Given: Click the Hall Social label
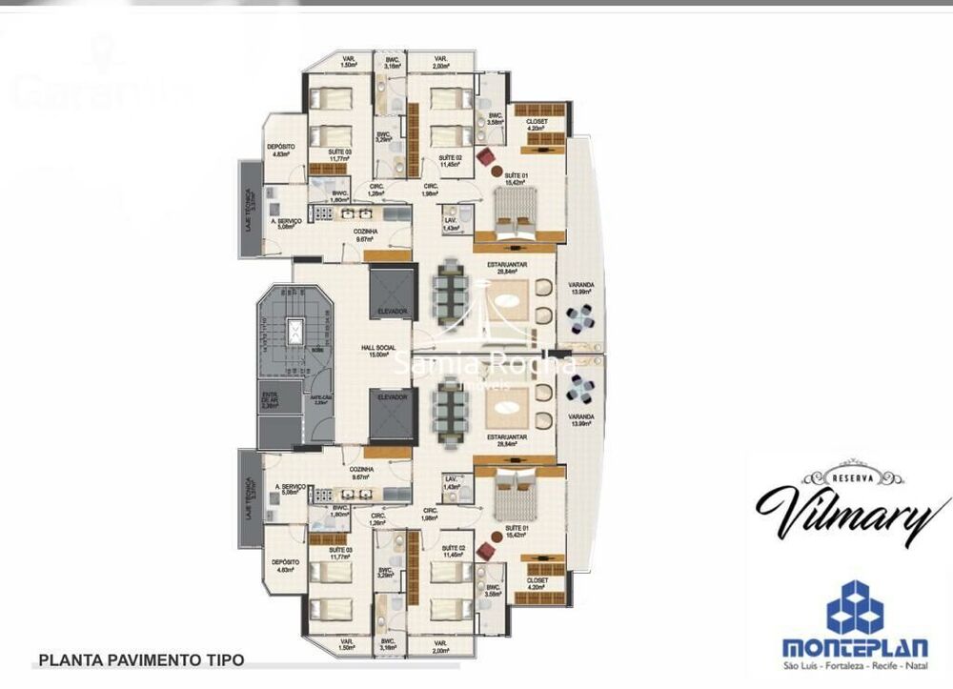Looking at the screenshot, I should [378, 350].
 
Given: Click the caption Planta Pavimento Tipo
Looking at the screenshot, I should [140, 659].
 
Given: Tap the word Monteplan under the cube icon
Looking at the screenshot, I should [854, 646].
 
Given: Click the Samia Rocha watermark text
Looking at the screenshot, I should [485, 364].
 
